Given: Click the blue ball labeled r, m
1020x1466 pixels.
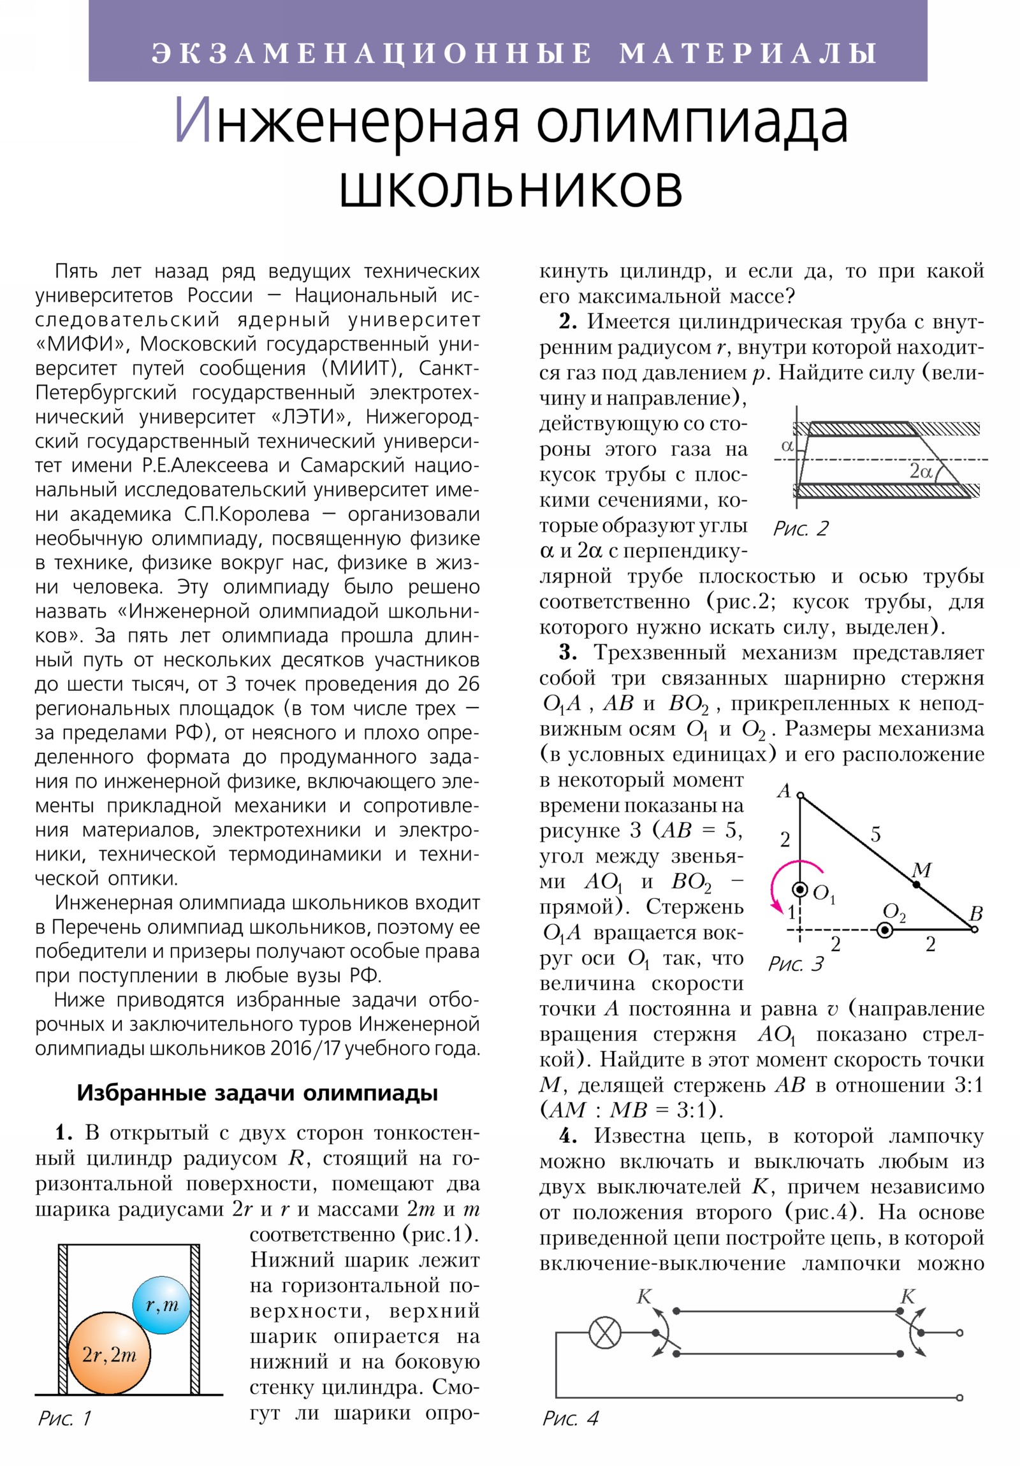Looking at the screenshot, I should point(161,1304).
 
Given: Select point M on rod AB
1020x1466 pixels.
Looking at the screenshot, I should point(916,884).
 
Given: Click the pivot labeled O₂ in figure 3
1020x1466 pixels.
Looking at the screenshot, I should point(885,931).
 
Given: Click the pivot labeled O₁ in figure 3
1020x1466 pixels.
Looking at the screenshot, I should point(799,889).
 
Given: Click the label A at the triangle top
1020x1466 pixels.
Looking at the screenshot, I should point(783,791).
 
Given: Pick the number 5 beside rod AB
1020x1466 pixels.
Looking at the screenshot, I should point(875,834).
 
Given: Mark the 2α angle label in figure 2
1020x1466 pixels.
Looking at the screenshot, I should point(921,471).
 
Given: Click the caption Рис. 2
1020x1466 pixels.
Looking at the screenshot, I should point(799,528).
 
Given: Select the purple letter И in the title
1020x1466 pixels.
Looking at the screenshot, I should point(193,121).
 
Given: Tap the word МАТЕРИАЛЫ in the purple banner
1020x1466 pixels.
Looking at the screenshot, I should point(748,53).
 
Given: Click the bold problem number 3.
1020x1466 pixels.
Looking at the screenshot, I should point(567,653).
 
